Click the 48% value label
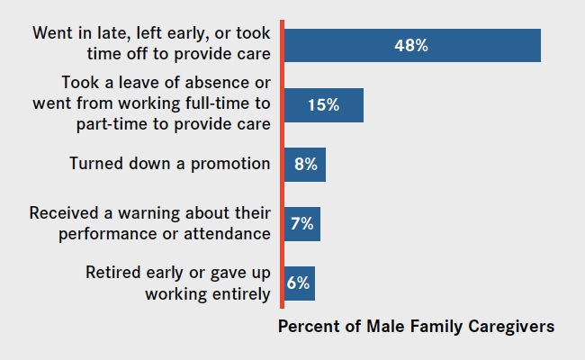pos(411,46)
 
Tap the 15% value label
pos(323,104)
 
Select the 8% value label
pos(306,164)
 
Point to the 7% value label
pos(301,224)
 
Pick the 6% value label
pos(298,283)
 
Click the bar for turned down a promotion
pos(305,165)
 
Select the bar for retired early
pos(300,283)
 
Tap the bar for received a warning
pos(302,224)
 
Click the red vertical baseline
pos(282,164)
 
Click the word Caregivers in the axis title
pos(511,327)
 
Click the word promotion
pos(230,164)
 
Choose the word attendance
pos(227,234)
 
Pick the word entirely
pos(241,294)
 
